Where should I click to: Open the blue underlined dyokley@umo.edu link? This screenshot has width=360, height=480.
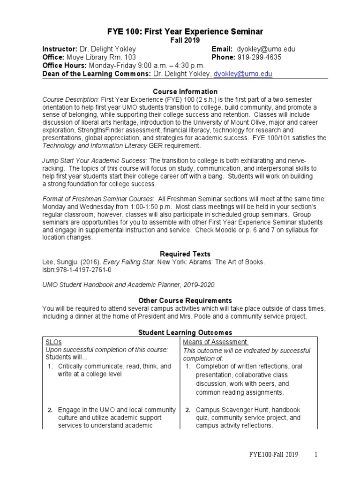pyautogui.click(x=243, y=74)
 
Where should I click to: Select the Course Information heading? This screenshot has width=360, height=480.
pyautogui.click(x=185, y=91)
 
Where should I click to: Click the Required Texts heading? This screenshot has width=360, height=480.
pyautogui.click(x=185, y=254)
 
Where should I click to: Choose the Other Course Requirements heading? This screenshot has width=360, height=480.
pyautogui.click(x=185, y=300)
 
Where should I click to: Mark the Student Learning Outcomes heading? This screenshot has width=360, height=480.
pyautogui.click(x=185, y=332)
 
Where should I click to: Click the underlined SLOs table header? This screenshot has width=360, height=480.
pyautogui.click(x=53, y=342)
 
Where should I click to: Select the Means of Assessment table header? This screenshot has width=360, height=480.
pyautogui.click(x=215, y=342)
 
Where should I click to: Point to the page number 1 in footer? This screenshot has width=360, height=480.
pyautogui.click(x=316, y=455)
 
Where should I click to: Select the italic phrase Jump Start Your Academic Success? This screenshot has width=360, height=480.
pyautogui.click(x=95, y=160)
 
